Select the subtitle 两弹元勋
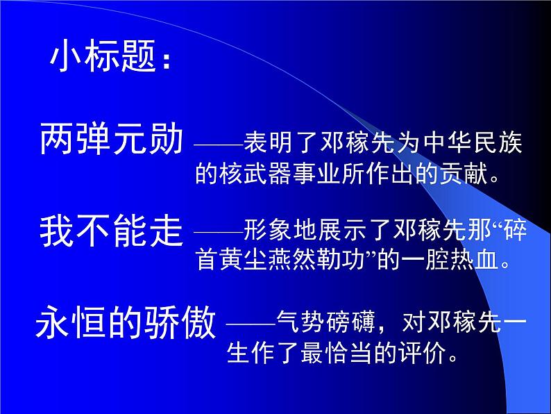112,140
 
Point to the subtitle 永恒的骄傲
126,324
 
